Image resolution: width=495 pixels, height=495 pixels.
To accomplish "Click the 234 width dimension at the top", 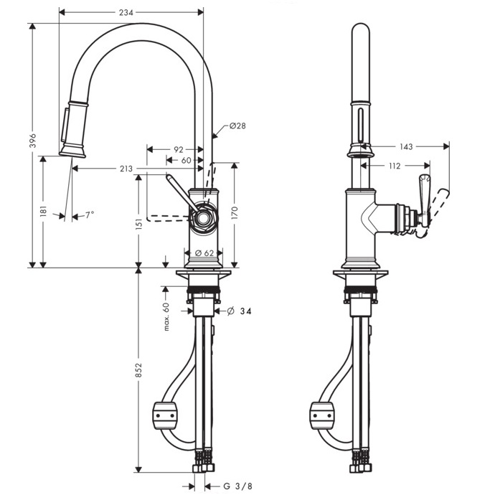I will tap(129, 12).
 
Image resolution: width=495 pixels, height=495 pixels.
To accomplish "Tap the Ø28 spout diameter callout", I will tap(237, 126).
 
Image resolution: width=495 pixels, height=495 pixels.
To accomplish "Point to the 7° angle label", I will tap(90, 214).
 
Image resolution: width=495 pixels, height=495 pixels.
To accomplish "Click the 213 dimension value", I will tap(126, 169).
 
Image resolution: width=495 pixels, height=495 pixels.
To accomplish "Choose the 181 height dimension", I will tap(43, 211).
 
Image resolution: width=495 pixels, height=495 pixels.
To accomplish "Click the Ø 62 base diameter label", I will tap(204, 253).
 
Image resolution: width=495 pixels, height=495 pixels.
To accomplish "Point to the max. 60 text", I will tap(165, 316).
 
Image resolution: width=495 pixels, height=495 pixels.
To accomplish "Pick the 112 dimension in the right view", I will tap(393, 166).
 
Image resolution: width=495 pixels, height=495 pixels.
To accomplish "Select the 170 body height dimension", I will tap(235, 213).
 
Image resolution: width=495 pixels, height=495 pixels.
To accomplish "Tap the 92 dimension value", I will tap(178, 149).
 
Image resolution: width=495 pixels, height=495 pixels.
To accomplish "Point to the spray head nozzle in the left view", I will tap(72, 148).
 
